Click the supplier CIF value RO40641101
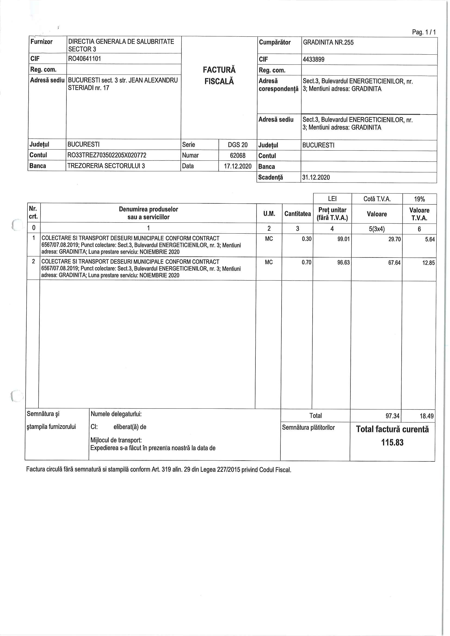click(85, 59)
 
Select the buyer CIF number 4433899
click(313, 60)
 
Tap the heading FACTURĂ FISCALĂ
click(219, 75)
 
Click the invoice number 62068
click(238, 156)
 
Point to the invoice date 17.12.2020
click(238, 166)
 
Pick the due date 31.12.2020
click(316, 178)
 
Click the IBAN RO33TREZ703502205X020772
click(107, 155)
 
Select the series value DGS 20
click(238, 145)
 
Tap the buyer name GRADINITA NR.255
click(328, 43)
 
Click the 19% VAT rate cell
click(419, 199)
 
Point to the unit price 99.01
click(343, 239)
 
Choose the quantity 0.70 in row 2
click(306, 262)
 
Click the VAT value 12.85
click(429, 263)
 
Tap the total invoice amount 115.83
click(392, 442)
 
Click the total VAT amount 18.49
click(426, 416)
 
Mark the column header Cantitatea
click(297, 214)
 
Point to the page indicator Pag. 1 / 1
click(424, 32)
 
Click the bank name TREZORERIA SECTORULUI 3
click(106, 166)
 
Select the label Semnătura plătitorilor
click(308, 428)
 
